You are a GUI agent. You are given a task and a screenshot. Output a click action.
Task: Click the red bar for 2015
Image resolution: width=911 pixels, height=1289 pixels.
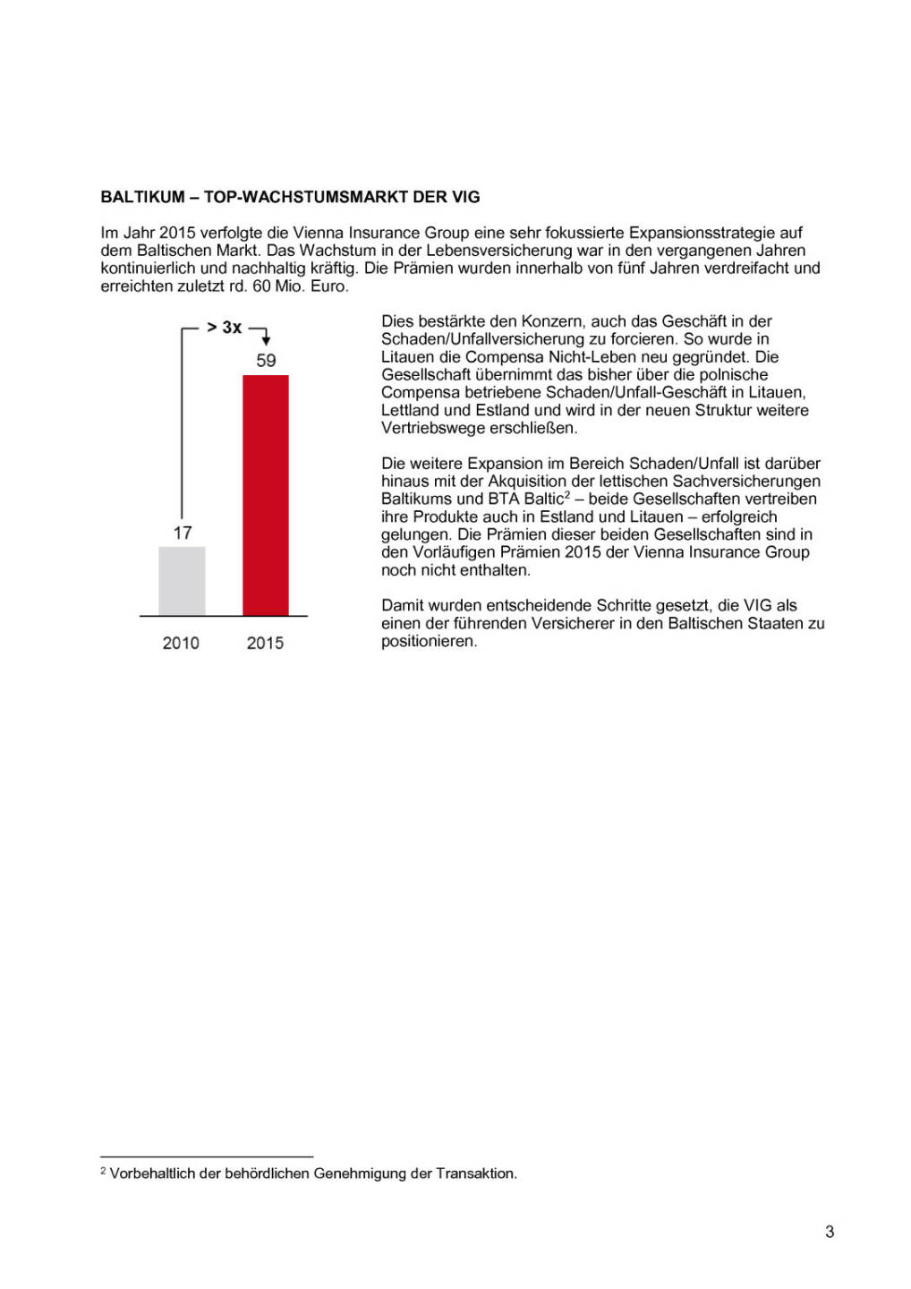point(266,495)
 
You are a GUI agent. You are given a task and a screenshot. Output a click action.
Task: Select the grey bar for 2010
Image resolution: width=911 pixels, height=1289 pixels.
point(182,581)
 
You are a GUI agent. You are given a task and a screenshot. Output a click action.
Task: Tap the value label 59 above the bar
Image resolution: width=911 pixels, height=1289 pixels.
point(266,361)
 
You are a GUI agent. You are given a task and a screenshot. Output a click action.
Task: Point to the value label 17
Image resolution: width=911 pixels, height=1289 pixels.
point(183,534)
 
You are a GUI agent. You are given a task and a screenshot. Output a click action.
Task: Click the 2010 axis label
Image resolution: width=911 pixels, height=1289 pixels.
point(181,643)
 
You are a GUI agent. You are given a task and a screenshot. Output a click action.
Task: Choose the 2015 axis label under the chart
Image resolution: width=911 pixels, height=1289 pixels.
point(265,643)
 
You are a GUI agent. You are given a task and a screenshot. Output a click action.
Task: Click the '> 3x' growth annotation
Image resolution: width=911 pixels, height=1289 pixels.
point(224,328)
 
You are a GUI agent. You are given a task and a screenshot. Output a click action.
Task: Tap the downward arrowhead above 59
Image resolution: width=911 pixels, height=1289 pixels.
point(266,340)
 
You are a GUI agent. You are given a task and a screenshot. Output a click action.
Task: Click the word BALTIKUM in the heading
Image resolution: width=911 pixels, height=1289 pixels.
point(142,197)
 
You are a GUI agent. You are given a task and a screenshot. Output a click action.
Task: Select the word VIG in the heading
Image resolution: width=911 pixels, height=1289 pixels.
point(464,197)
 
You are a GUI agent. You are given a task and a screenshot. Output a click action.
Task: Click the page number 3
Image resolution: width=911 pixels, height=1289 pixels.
point(830,1232)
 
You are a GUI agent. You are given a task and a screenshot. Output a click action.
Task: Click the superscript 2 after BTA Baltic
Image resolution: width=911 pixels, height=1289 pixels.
point(567,495)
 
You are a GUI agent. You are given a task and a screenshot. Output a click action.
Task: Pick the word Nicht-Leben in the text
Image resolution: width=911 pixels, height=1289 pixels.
point(592,356)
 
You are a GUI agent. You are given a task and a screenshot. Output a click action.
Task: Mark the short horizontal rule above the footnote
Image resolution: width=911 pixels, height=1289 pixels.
point(207,1157)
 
